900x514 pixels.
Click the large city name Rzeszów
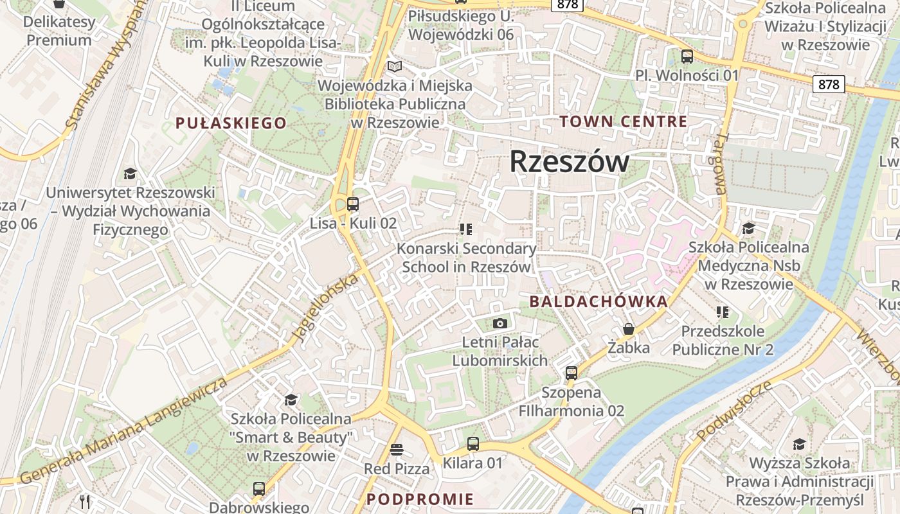569,162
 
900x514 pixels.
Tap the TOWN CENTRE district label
623,121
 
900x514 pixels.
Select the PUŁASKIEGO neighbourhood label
231,123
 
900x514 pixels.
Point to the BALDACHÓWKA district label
598,301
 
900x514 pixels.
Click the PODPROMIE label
420,499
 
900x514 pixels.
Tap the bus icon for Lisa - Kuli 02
352,204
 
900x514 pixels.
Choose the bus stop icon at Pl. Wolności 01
687,57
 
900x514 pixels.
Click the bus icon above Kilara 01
473,443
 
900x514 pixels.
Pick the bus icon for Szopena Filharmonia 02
571,373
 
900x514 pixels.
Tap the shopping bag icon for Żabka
628,329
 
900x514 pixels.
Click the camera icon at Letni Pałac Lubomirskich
500,323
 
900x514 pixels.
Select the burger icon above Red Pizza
396,449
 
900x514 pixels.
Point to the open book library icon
395,66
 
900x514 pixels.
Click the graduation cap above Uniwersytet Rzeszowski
130,173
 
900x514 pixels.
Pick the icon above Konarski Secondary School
466,229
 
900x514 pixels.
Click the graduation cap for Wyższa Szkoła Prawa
799,444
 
